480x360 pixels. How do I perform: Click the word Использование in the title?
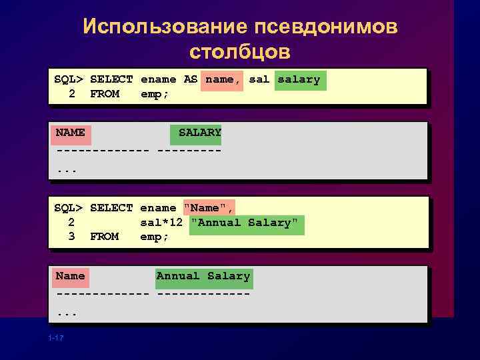pos(163,27)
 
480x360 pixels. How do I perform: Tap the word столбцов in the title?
pos(240,51)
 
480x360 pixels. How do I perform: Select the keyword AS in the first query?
pos(191,79)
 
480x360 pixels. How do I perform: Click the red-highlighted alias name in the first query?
pos(220,79)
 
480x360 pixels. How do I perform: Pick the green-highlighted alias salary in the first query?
pos(299,79)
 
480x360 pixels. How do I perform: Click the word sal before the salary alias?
pos(259,79)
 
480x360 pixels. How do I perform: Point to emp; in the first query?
pos(155,94)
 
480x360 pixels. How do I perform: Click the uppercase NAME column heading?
pos(70,132)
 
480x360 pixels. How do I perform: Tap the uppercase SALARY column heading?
pos(199,132)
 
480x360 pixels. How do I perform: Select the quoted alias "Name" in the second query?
pos(209,208)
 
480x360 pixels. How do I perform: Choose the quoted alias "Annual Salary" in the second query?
pos(247,222)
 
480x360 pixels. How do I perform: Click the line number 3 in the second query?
pos(71,237)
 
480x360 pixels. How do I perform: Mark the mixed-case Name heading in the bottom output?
pos(70,276)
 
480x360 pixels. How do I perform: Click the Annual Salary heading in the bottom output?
pos(203,276)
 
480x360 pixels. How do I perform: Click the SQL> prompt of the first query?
pos(68,79)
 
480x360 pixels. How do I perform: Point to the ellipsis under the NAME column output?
pos(67,170)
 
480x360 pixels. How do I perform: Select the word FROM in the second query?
pos(104,237)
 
